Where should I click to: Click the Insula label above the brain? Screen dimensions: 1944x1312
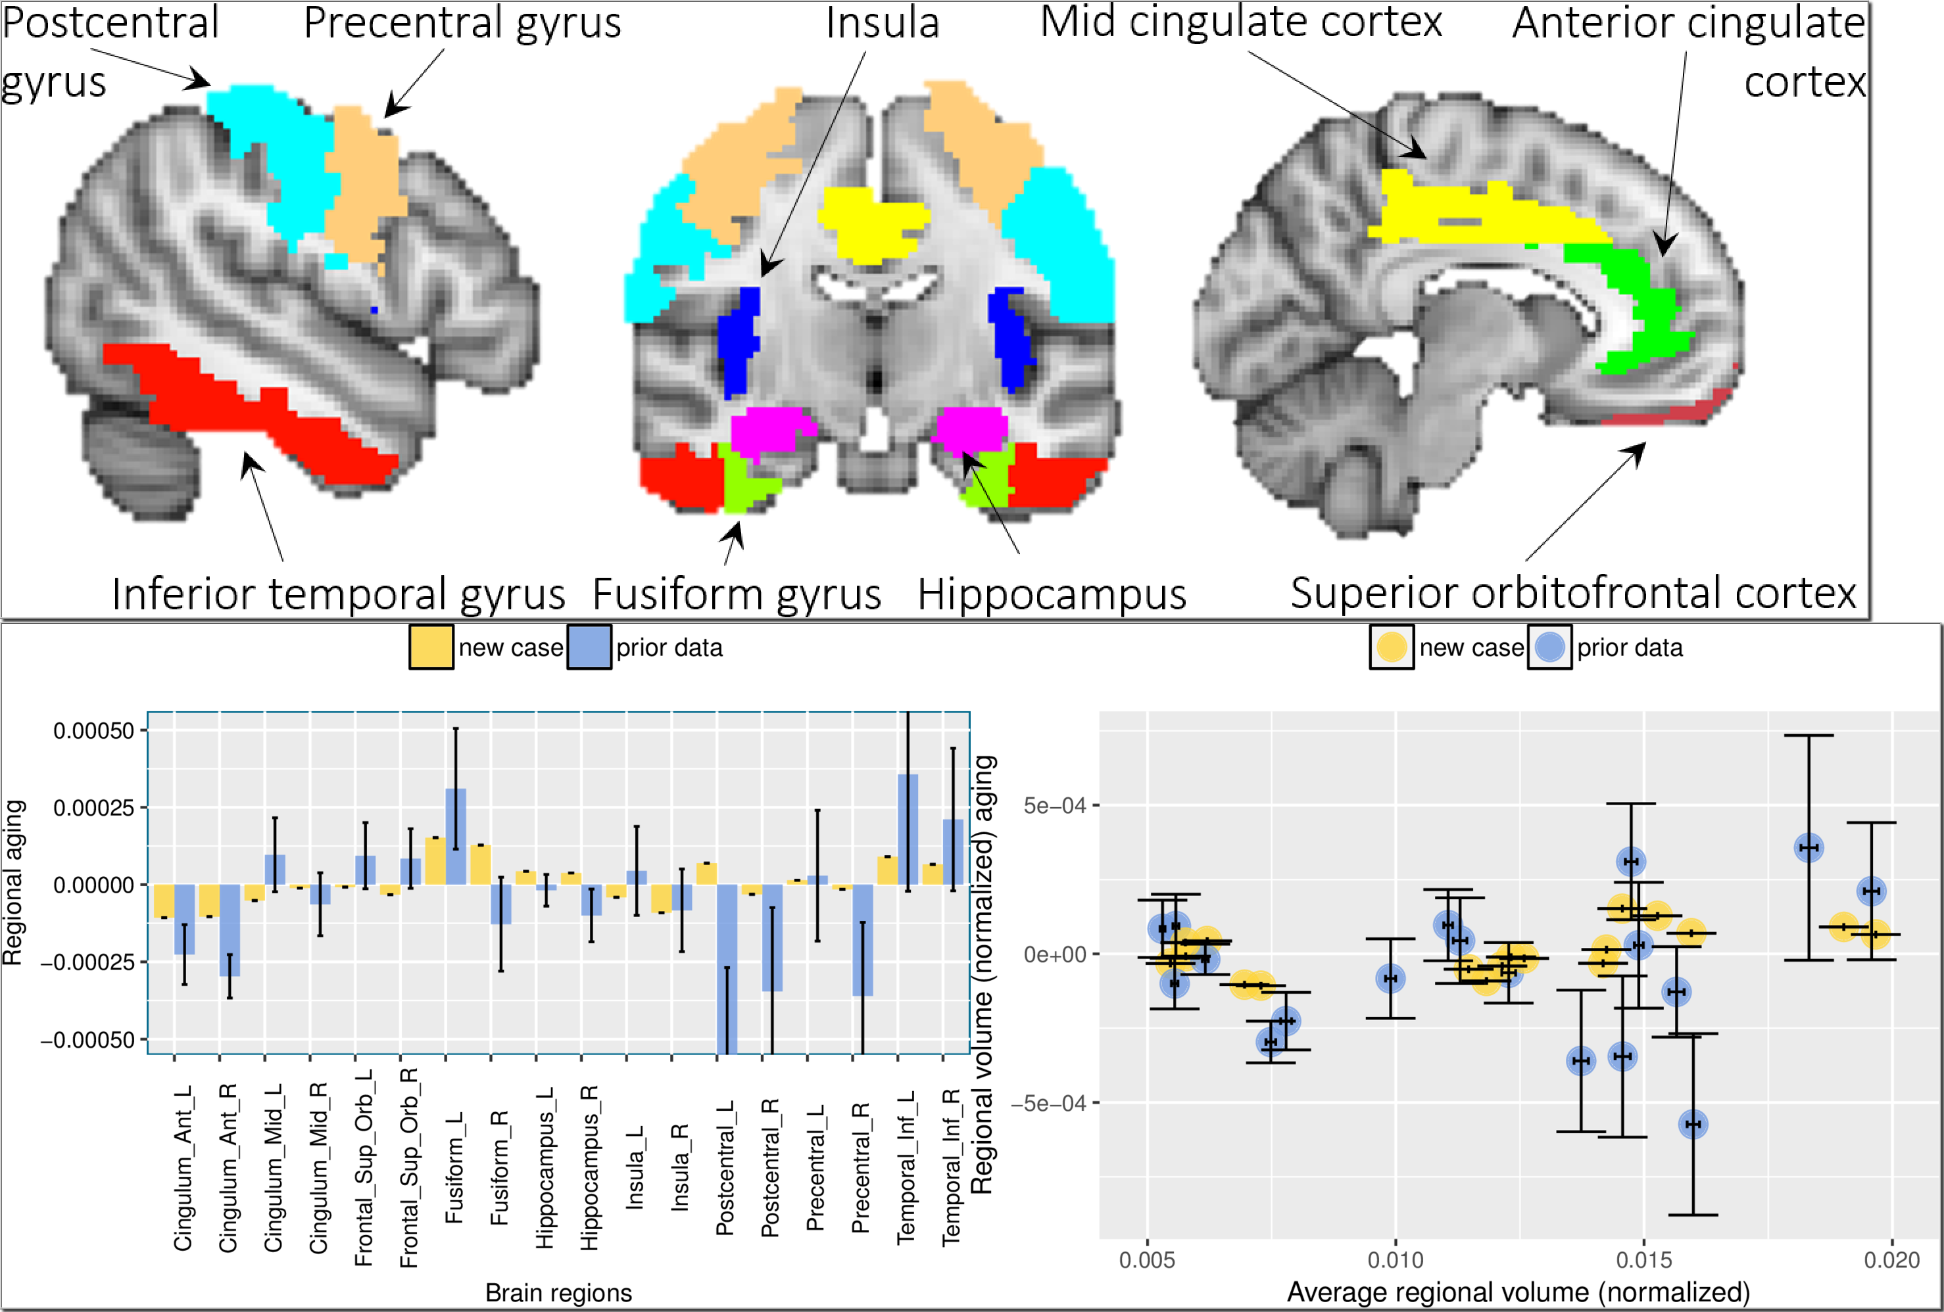point(883,24)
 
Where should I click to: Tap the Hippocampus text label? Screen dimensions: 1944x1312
point(1052,594)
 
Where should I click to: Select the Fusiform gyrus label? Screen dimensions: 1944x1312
point(736,594)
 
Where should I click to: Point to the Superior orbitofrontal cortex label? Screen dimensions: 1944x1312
point(1572,593)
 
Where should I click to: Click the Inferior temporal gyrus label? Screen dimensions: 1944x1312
point(338,594)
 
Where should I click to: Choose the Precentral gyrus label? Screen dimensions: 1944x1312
point(462,24)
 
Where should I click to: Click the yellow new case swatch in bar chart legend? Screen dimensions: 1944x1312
point(431,647)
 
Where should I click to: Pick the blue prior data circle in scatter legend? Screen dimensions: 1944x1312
point(1549,647)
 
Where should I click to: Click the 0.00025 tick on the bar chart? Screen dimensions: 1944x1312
point(93,808)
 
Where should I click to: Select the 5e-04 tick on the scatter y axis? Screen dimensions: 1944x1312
point(1054,805)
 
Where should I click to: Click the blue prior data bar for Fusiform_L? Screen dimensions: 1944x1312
point(456,836)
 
